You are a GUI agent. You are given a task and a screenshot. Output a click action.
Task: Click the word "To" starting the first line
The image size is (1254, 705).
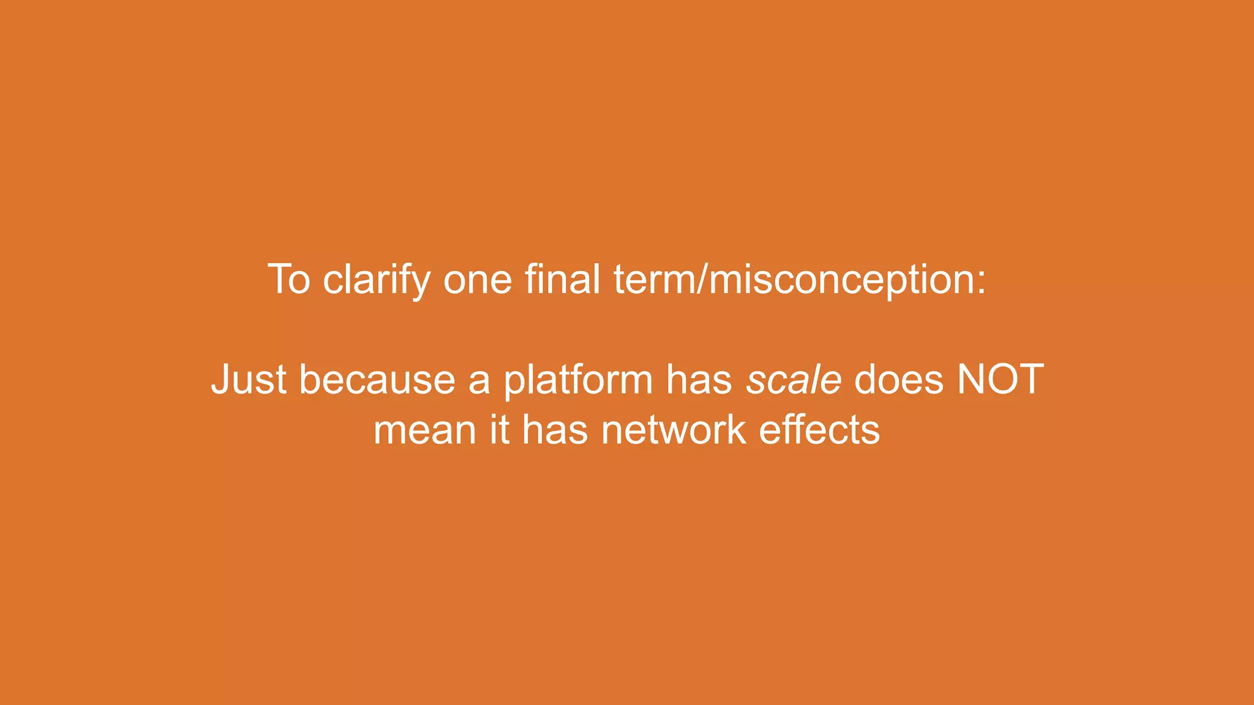coord(289,280)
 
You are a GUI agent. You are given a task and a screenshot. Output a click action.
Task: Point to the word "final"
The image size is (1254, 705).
coord(562,280)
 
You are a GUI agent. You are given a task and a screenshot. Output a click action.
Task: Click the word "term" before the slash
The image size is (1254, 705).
coord(654,280)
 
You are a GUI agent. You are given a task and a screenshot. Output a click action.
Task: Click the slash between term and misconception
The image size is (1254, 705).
coord(702,280)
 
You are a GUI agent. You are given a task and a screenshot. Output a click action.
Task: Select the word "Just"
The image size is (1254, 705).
coord(249,380)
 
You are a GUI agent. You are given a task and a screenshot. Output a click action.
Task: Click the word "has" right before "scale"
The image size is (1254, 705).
coord(699,380)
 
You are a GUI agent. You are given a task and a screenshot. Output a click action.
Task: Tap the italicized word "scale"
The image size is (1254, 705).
coord(794,380)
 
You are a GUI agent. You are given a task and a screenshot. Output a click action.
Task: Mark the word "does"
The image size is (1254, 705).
coord(899,380)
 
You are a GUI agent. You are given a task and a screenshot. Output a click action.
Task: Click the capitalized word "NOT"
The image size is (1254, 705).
coord(1000,380)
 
